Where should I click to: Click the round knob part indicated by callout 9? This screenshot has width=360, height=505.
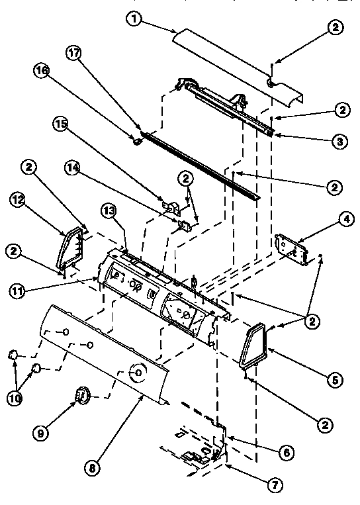pyautogui.click(x=82, y=395)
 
